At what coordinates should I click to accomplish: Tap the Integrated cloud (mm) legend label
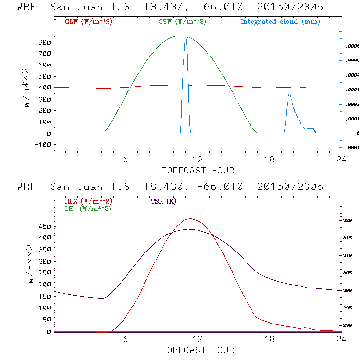pyautogui.click(x=280, y=22)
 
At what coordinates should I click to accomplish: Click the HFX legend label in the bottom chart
pyautogui.click(x=88, y=201)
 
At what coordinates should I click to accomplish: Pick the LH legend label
pyautogui.click(x=88, y=208)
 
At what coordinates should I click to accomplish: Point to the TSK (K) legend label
pyautogui.click(x=163, y=201)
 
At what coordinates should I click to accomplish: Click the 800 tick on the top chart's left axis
pyautogui.click(x=45, y=42)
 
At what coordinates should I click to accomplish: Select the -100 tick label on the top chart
pyautogui.click(x=43, y=144)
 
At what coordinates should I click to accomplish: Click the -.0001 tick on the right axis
pyautogui.click(x=351, y=148)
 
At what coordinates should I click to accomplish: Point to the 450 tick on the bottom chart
pyautogui.click(x=45, y=226)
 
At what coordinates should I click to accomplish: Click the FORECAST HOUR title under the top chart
pyautogui.click(x=198, y=170)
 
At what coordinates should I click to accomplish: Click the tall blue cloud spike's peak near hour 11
pyautogui.click(x=185, y=36)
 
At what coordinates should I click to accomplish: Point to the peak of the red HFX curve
pyautogui.click(x=190, y=219)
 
